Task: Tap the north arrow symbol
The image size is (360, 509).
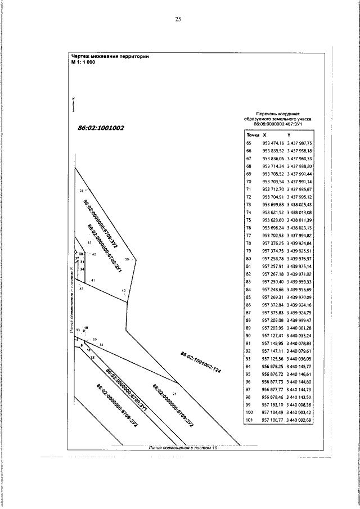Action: pos(73,104)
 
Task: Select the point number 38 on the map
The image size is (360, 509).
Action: pos(82,191)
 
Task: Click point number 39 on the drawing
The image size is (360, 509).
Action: pos(127,259)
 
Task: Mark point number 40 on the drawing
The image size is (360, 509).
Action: pos(124,290)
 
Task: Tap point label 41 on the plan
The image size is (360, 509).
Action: pos(93,280)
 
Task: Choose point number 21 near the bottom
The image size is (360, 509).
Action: pos(174,394)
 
